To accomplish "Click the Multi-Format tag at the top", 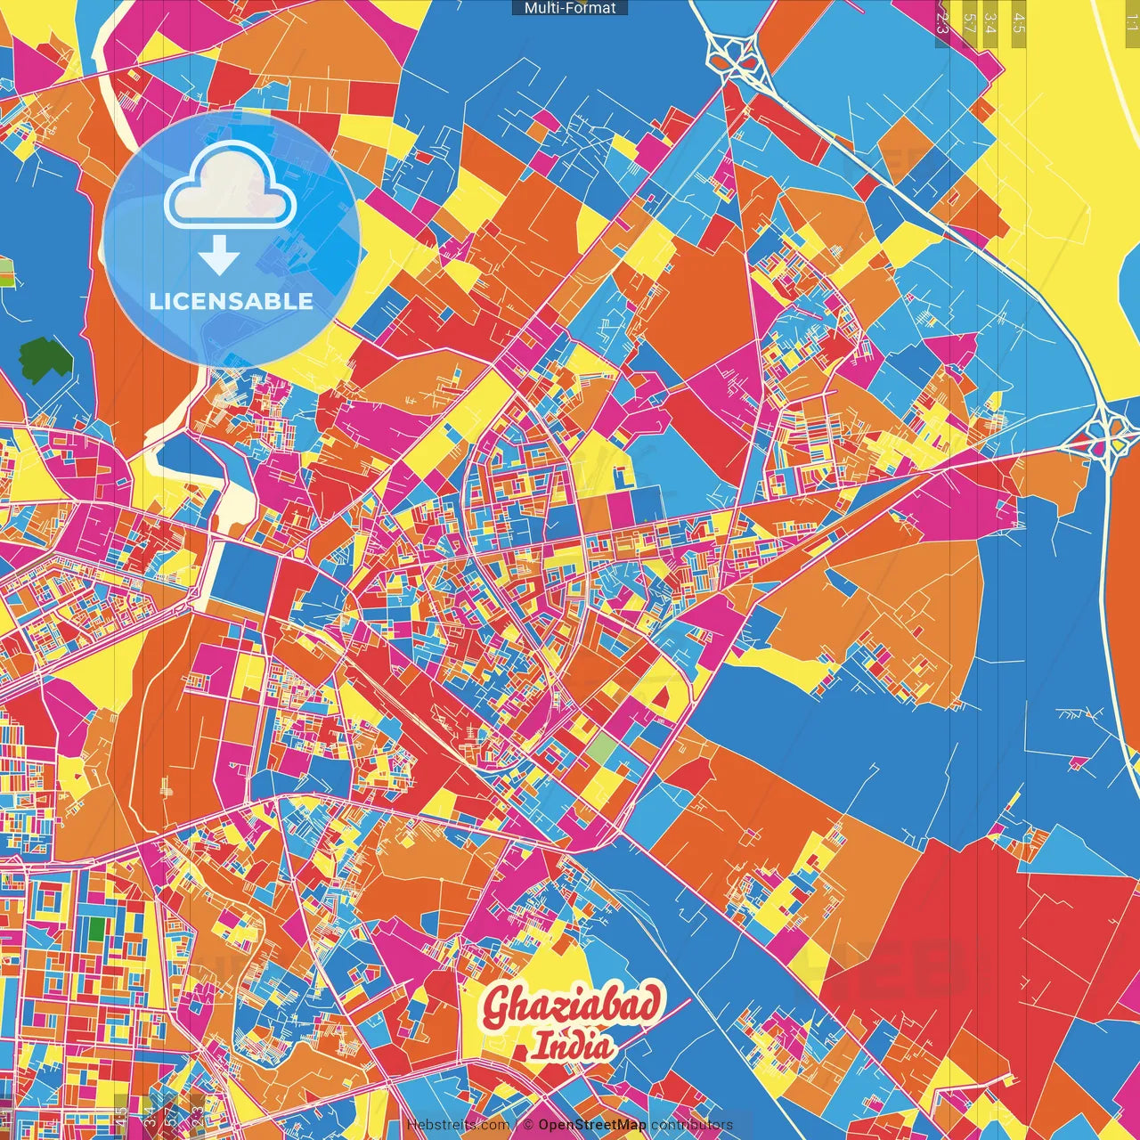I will click(570, 8).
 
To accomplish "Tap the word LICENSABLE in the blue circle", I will click(232, 301).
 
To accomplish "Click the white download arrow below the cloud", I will click(218, 257).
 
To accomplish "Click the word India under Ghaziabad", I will click(572, 1046).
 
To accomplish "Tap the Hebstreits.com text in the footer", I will click(458, 1125).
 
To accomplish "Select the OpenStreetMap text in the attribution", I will click(592, 1125).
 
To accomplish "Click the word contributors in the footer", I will click(692, 1125).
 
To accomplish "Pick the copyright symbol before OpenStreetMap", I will click(528, 1125).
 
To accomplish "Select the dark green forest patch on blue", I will click(46, 359).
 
